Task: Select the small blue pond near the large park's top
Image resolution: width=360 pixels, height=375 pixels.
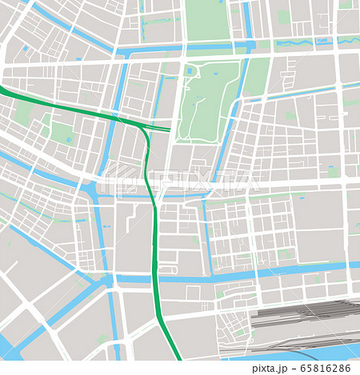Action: (189, 71)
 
